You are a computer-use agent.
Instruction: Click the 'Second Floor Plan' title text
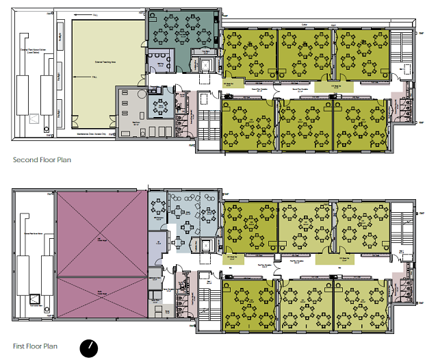click(42, 160)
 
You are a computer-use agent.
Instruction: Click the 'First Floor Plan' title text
click(36, 346)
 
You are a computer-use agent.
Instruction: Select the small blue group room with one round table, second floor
click(162, 106)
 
